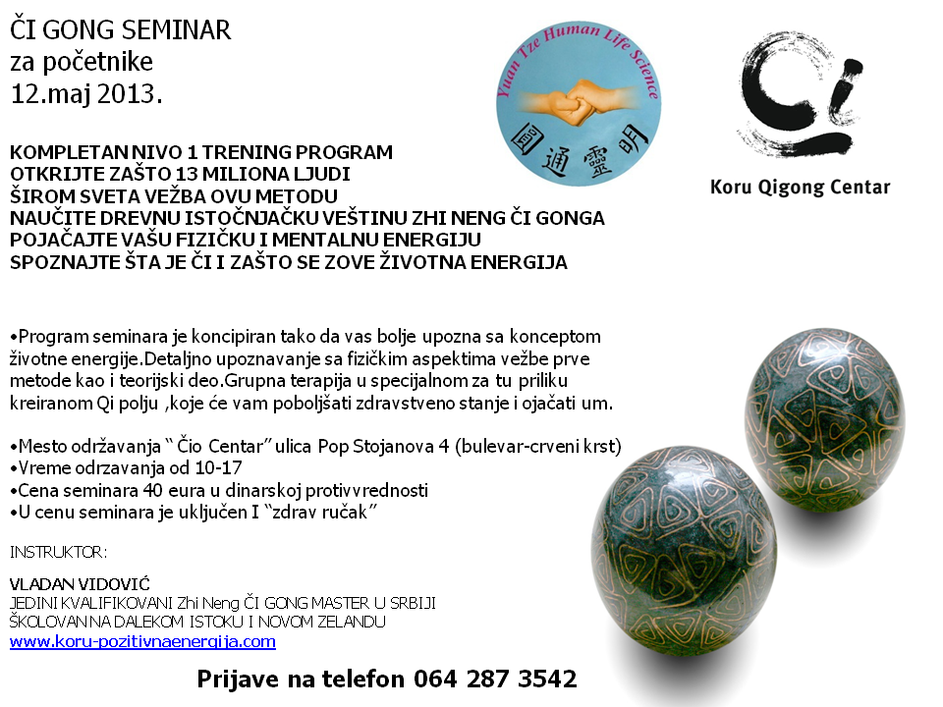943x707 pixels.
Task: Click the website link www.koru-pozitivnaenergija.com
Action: (x=142, y=641)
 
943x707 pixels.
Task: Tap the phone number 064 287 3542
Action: (x=495, y=679)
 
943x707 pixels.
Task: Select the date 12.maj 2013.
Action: (x=86, y=94)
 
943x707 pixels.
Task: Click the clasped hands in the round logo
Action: (x=575, y=102)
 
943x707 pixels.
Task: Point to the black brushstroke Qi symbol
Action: (x=800, y=93)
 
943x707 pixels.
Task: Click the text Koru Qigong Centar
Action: (x=800, y=187)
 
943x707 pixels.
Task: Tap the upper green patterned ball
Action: (x=825, y=420)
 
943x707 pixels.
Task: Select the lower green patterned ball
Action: (x=684, y=551)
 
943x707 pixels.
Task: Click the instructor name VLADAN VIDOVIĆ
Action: (x=80, y=583)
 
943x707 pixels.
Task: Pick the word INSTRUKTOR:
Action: (x=58, y=552)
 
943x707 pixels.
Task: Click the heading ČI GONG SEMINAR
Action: (x=120, y=30)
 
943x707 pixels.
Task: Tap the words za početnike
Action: (x=82, y=62)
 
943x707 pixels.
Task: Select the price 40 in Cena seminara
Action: (x=153, y=490)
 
